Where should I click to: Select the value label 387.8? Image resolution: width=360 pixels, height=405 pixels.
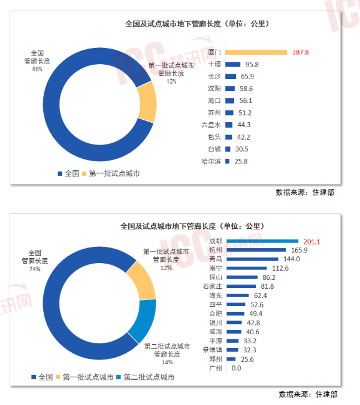point(300,52)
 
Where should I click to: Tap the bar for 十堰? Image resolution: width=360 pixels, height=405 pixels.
point(233,64)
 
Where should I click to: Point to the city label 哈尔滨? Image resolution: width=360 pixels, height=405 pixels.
point(211,161)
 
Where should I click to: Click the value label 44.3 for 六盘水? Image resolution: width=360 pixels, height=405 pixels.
point(243,125)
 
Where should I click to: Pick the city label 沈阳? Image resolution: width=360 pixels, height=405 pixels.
point(214,88)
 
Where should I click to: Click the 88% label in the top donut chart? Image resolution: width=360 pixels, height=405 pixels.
point(37,69)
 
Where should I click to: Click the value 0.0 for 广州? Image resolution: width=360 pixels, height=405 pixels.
point(235,368)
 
